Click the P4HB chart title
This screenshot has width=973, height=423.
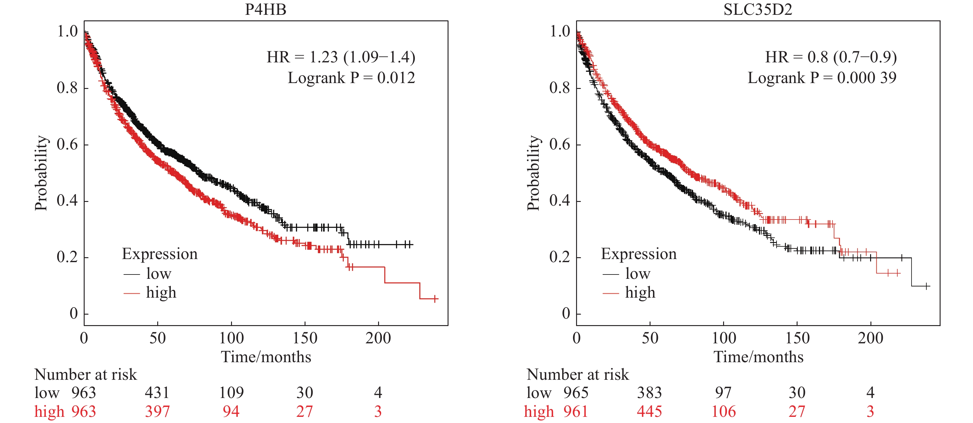tap(266, 10)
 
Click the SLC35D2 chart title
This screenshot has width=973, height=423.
tap(757, 10)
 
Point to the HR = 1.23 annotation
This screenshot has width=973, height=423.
tap(341, 57)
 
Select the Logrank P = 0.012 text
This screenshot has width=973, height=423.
tap(351, 78)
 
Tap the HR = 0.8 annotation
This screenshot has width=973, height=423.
tap(831, 57)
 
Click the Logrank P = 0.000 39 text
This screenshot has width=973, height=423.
tap(822, 78)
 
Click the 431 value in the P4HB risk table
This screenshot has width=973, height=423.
tap(157, 393)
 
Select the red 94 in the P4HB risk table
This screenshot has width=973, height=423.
tap(231, 411)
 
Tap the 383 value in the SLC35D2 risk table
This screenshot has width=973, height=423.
tap(649, 393)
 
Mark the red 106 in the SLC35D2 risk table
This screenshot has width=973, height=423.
tap(723, 411)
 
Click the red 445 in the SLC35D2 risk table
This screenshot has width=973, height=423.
tap(649, 411)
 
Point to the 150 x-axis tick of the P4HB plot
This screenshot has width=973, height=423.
tap(305, 338)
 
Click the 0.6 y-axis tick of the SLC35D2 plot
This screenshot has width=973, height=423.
tap(559, 144)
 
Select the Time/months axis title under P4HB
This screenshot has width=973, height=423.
tap(266, 357)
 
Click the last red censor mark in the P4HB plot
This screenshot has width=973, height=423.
tap(435, 299)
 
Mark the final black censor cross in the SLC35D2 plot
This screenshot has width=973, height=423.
tap(927, 286)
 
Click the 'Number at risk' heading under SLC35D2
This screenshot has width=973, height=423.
tap(578, 374)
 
